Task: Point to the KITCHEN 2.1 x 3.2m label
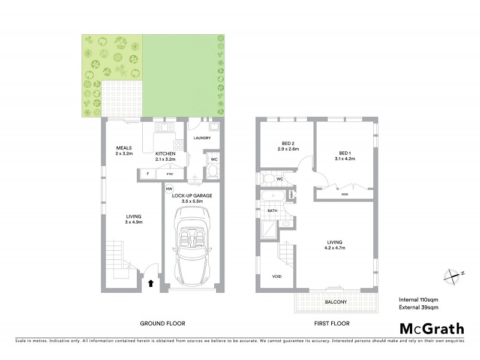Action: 165,157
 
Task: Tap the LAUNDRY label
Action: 202,138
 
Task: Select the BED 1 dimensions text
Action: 345,159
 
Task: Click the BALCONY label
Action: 335,303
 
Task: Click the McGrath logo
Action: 431,328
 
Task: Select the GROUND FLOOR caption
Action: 162,323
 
